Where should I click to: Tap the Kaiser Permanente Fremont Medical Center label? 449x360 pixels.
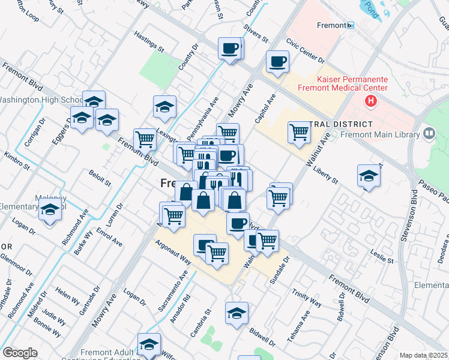(352, 83)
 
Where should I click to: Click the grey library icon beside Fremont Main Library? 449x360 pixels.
(429, 134)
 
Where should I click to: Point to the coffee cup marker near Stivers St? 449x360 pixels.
(230, 48)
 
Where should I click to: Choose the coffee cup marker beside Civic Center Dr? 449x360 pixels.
(277, 61)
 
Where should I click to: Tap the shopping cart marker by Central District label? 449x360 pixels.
(298, 132)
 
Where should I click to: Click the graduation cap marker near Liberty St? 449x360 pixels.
(369, 176)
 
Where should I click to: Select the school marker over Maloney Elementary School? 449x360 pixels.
(50, 211)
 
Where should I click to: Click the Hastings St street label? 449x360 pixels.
(149, 42)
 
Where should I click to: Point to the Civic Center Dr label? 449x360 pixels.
(305, 52)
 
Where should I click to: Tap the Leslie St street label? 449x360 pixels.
(382, 257)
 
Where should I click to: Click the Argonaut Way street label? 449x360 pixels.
(173, 253)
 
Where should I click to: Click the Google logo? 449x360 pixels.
(20, 353)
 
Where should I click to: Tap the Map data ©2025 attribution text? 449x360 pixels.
(423, 355)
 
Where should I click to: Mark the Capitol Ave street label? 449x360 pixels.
(265, 109)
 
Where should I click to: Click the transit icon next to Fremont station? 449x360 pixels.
(351, 25)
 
